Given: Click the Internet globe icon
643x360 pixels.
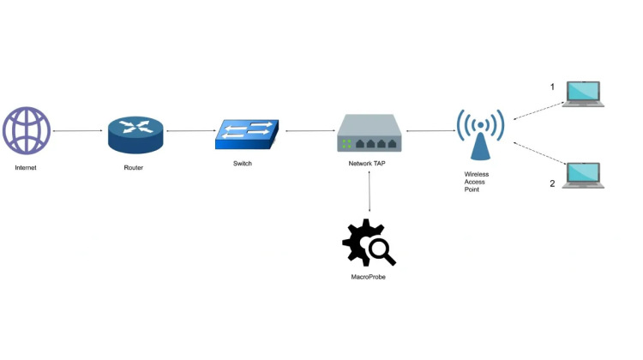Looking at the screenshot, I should pos(27,130).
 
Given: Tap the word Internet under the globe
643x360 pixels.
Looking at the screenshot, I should pos(26,168).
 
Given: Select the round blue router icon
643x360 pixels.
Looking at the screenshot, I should pos(135,134).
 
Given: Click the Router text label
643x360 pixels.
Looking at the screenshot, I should pos(134,168).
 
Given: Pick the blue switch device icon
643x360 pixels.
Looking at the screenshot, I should pos(247,133).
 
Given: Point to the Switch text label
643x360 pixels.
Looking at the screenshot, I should pos(243,164).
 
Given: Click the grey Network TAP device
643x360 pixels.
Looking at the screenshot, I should pos(369,134).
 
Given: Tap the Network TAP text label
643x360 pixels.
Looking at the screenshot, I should pos(368,163).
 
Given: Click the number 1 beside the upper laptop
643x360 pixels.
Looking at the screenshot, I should pos(552,87).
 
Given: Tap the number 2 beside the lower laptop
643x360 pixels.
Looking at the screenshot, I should pos(552,183).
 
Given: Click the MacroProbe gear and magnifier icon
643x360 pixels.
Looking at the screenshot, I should pos(368,243).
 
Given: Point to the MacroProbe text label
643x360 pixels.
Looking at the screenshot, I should pos(369,277).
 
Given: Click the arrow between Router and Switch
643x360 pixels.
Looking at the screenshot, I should pos(190,131).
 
